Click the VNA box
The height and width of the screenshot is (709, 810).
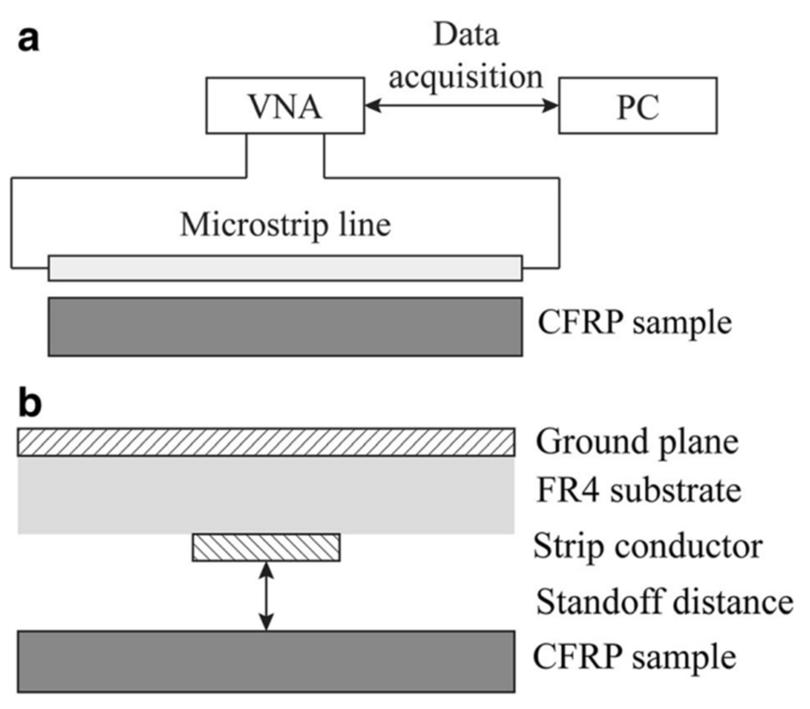coord(285,106)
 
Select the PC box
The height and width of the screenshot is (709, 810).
coord(638,106)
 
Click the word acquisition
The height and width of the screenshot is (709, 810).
coord(466,77)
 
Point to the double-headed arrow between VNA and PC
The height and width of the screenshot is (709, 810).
coord(462,105)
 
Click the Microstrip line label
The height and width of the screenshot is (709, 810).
coord(286,224)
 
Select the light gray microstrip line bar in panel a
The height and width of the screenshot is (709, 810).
coord(285,268)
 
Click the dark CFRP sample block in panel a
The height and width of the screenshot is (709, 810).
coord(285,327)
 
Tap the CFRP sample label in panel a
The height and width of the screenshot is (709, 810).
coord(634,323)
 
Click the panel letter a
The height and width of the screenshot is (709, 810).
coord(28,40)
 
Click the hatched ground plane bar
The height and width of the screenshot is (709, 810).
coord(266,442)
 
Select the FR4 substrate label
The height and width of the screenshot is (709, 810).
coord(639,491)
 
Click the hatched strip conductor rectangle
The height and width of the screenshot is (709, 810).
coord(266,548)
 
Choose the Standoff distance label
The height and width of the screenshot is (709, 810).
coord(665,602)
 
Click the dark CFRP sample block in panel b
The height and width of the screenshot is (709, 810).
coord(266,661)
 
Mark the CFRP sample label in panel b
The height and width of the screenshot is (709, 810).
coord(634,657)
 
